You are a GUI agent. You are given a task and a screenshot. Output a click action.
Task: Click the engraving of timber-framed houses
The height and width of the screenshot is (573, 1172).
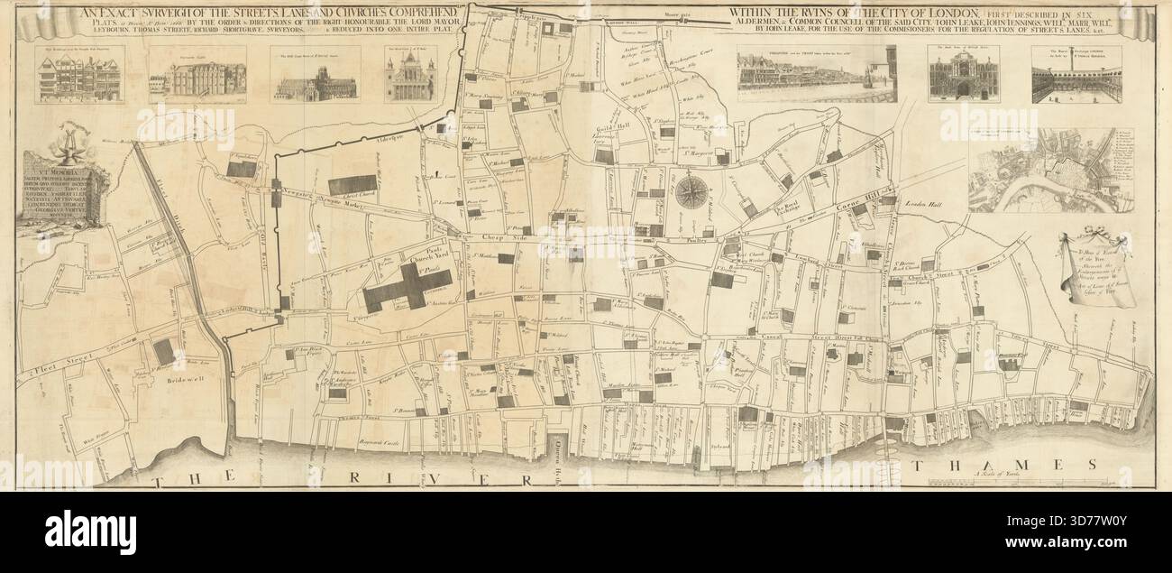click(x=78, y=75)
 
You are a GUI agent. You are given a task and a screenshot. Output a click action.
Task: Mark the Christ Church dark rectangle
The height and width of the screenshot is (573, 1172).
click(x=353, y=185)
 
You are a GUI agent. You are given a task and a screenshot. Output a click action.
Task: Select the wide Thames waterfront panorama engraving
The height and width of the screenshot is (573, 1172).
click(x=817, y=74)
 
